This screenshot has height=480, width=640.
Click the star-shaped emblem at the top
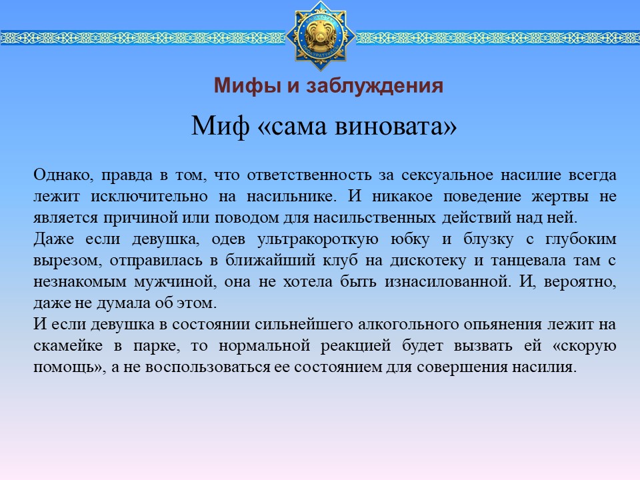pyautogui.click(x=321, y=35)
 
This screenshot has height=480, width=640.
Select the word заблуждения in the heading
pyautogui.click(x=374, y=86)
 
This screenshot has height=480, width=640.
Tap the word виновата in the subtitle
pyautogui.click(x=395, y=125)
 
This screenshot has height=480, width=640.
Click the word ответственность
pyautogui.click(x=309, y=175)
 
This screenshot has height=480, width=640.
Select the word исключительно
pyautogui.click(x=149, y=196)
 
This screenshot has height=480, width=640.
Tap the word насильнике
pyautogui.click(x=292, y=196)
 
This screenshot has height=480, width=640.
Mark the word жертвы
pyautogui.click(x=560, y=197)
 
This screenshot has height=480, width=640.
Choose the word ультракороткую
pyautogui.click(x=318, y=239)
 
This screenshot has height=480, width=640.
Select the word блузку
pyautogui.click(x=488, y=239)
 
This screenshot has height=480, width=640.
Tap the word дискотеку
pyautogui.click(x=428, y=261)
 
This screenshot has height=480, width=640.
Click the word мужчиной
pyautogui.click(x=175, y=281)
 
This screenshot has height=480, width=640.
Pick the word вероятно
pyautogui.click(x=580, y=282)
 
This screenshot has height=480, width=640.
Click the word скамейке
pyautogui.click(x=68, y=346)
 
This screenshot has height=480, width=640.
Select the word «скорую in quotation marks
pyautogui.click(x=584, y=346)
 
